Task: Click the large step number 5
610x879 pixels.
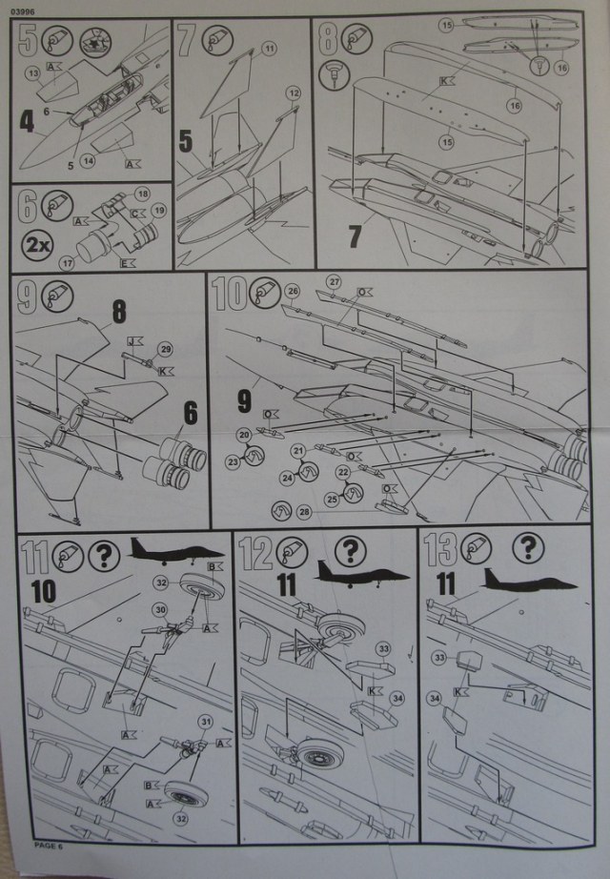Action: tap(27, 42)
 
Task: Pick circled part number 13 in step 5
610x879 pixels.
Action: tap(32, 72)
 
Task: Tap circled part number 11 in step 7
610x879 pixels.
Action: tap(269, 47)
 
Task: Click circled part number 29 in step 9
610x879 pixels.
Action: tap(165, 348)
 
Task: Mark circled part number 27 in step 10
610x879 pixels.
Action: tap(334, 281)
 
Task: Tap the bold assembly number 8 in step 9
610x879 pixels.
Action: tap(119, 311)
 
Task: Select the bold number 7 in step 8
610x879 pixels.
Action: tap(355, 233)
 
